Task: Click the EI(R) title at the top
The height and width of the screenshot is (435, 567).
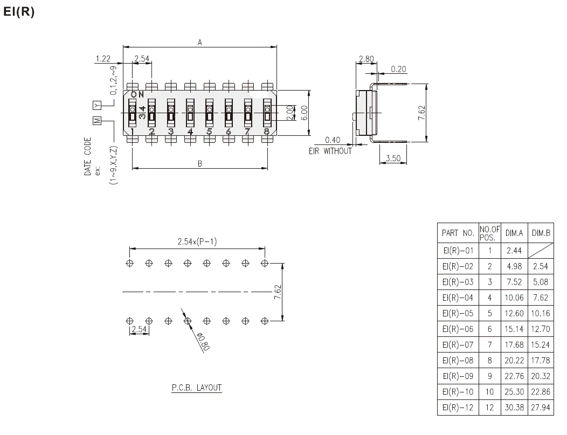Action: click(19, 12)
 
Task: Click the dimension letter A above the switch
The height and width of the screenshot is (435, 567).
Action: click(200, 42)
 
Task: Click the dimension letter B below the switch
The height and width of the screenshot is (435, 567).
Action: click(200, 164)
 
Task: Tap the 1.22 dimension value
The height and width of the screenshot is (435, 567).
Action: click(102, 58)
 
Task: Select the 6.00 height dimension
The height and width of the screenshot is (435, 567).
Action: click(305, 113)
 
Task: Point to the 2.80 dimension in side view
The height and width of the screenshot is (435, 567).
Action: click(366, 59)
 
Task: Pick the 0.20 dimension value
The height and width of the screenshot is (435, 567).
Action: click(398, 69)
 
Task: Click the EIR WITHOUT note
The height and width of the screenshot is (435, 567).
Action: click(330, 151)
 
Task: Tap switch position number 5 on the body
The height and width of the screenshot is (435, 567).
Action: click(209, 132)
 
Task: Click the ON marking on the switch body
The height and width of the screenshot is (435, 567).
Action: click(137, 94)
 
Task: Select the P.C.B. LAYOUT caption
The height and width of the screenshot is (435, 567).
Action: click(197, 388)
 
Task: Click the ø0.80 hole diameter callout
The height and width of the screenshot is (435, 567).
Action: click(202, 342)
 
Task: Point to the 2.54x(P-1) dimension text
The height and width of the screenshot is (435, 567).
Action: click(197, 242)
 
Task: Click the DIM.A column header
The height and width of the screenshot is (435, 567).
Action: click(514, 233)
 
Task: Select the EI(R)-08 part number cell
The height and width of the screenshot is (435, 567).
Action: click(457, 360)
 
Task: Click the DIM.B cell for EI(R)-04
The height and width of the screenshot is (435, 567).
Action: click(541, 297)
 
